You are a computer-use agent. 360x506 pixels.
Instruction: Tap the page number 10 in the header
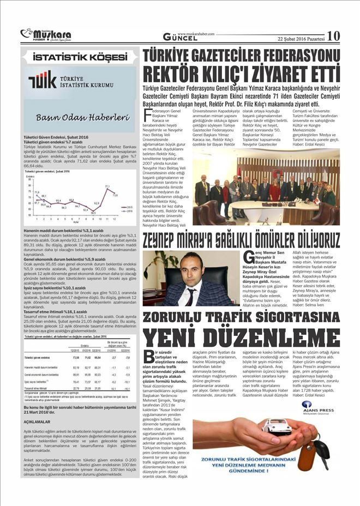(333, 35)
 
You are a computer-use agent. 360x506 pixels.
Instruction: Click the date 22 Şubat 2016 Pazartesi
(301, 39)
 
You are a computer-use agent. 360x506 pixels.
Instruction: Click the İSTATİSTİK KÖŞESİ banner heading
(80, 57)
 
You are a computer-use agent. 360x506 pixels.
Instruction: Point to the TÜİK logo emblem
(43, 80)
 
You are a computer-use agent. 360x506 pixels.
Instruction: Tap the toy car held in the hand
(276, 425)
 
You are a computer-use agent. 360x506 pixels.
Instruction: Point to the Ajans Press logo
(313, 408)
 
